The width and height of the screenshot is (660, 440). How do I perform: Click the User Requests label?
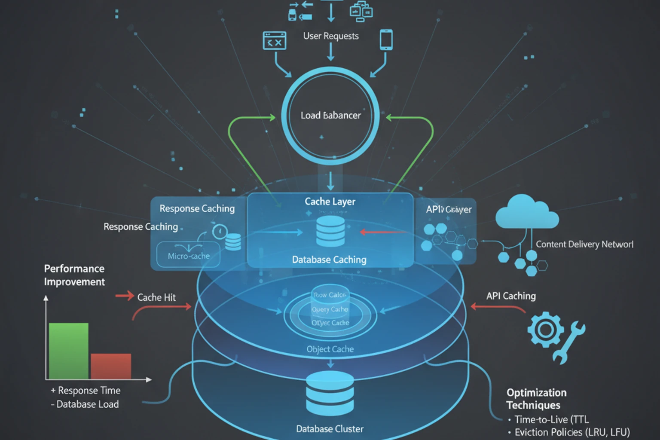click(x=331, y=36)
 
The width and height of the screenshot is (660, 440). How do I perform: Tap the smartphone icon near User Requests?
click(x=386, y=40)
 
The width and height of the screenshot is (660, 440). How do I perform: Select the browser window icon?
click(x=275, y=40)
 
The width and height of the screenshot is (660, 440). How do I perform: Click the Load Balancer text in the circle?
click(x=330, y=115)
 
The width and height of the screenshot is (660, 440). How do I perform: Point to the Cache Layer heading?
click(x=330, y=202)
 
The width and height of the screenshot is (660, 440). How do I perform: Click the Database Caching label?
click(x=329, y=260)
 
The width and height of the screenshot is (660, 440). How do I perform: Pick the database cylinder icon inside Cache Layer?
click(x=330, y=231)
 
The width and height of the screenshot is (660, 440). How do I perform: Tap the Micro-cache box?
click(x=189, y=255)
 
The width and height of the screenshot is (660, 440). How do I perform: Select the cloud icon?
click(x=527, y=212)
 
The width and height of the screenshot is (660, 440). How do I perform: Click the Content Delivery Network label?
click(x=584, y=244)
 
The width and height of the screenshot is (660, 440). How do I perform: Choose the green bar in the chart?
click(x=69, y=351)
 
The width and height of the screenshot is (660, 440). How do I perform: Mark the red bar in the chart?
click(x=111, y=366)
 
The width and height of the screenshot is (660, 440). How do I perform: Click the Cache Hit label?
click(x=156, y=297)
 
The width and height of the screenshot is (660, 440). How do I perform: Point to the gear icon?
click(x=545, y=330)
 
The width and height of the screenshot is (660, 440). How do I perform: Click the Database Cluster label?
click(x=330, y=429)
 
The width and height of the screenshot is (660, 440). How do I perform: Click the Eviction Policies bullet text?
click(x=572, y=432)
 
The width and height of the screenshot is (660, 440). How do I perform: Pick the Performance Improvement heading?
click(x=74, y=275)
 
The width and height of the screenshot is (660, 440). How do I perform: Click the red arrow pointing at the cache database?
click(x=382, y=232)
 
